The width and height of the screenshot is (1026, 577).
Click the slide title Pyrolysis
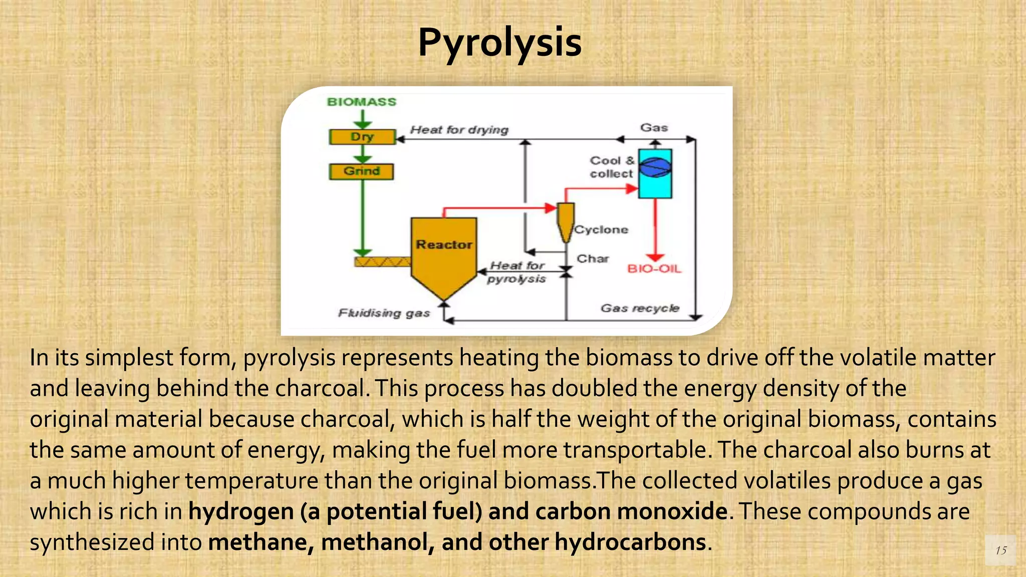(x=499, y=43)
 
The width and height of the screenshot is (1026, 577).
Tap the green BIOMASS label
(x=361, y=102)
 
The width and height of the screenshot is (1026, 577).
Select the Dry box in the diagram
(x=362, y=137)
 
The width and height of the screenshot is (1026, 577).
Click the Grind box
(x=361, y=171)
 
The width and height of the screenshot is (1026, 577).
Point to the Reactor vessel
(x=444, y=250)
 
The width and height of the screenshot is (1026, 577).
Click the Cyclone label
(x=601, y=230)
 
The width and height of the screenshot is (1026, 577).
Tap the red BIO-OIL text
(x=654, y=269)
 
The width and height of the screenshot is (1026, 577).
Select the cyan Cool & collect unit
(x=655, y=173)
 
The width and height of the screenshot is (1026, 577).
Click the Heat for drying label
(x=459, y=130)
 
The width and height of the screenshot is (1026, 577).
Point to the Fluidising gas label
(x=384, y=314)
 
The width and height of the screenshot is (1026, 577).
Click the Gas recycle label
(x=640, y=308)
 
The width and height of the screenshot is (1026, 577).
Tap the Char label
(x=593, y=259)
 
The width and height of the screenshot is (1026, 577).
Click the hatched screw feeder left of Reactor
(x=382, y=262)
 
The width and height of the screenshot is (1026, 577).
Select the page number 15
(x=1000, y=550)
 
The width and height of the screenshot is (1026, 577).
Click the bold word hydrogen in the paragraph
(x=241, y=512)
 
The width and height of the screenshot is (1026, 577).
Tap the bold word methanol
(x=377, y=542)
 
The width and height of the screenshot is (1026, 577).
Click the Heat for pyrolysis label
(x=517, y=272)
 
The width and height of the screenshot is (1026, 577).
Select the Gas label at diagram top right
(x=654, y=128)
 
